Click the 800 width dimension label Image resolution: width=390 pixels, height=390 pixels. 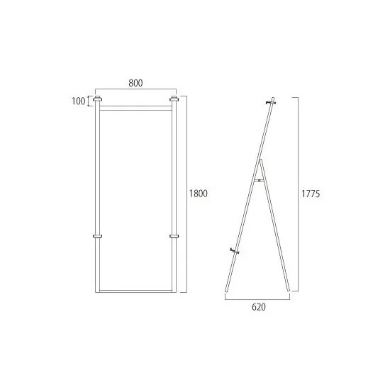135,83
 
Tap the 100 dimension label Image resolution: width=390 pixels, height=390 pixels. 79,101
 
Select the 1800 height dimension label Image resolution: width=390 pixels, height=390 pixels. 199,194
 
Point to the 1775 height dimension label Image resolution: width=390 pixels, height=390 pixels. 311,194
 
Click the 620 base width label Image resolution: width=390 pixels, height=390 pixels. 259,307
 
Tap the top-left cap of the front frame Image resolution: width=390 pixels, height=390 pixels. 98,99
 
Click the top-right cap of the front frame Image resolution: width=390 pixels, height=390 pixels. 174,99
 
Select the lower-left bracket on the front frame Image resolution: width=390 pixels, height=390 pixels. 98,236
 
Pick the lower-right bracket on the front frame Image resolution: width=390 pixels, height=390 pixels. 174,236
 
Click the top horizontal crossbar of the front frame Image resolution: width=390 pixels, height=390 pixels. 136,108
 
